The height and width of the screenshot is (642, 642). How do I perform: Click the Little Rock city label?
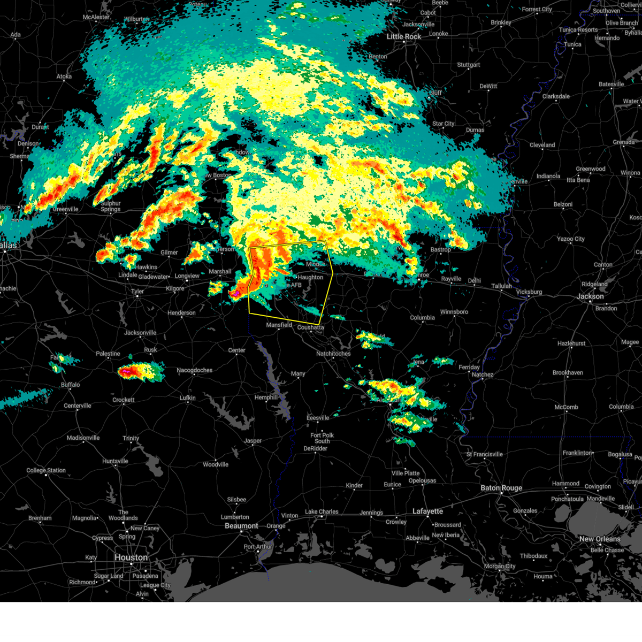[404, 36]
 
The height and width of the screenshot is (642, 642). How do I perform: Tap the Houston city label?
[131, 557]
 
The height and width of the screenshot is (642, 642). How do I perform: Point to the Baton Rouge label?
[501, 488]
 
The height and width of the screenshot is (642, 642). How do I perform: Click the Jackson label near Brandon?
[590, 296]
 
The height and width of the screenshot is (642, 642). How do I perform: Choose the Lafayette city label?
[427, 511]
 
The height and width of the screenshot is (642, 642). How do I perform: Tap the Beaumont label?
[241, 526]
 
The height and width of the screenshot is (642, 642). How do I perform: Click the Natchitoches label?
[333, 354]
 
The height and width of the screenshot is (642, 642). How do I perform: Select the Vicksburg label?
[529, 292]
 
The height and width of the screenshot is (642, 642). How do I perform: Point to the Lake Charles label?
[322, 512]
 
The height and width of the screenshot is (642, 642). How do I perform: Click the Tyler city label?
[137, 292]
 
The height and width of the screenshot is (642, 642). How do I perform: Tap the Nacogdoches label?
[194, 370]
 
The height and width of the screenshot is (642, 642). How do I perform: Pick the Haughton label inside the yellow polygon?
[310, 277]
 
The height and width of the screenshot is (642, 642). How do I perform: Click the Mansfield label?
[279, 325]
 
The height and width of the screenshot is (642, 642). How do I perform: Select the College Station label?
[46, 471]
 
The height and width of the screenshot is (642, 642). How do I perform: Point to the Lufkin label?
[187, 398]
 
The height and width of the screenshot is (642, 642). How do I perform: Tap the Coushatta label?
[310, 327]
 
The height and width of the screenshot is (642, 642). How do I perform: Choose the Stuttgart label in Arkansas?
[468, 65]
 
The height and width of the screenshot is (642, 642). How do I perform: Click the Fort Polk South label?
[322, 438]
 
